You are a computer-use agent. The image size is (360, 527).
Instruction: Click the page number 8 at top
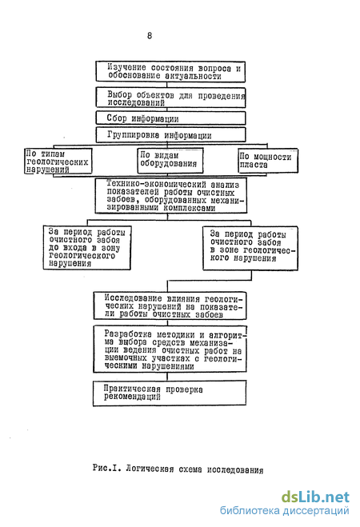click(150, 36)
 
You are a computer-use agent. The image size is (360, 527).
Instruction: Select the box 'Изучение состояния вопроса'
click(170, 72)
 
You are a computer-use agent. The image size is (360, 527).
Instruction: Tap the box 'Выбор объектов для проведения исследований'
click(170, 98)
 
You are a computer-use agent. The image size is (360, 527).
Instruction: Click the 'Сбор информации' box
click(170, 118)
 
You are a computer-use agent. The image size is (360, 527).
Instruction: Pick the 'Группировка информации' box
click(170, 135)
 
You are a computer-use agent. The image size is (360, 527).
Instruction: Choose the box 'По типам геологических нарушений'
click(58, 162)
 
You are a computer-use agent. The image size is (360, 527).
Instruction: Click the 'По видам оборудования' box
click(170, 161)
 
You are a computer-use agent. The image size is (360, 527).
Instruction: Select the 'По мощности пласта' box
click(268, 161)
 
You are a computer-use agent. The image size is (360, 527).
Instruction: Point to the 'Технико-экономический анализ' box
click(171, 196)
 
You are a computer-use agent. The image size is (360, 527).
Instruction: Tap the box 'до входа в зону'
click(86, 248)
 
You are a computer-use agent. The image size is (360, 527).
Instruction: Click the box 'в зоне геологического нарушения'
click(250, 249)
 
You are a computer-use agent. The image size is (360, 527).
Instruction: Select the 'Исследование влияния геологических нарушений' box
click(170, 305)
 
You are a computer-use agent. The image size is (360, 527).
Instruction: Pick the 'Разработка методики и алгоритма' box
click(170, 349)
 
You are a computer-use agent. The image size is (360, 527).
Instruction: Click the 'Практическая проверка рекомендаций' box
click(170, 393)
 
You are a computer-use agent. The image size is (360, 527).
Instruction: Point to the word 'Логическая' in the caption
click(150, 469)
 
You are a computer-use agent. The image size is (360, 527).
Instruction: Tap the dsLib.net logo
click(315, 497)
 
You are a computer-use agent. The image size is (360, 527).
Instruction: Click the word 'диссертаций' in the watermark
click(315, 511)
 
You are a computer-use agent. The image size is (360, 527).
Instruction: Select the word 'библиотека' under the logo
click(250, 510)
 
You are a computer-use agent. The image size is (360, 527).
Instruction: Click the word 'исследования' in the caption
click(235, 469)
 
